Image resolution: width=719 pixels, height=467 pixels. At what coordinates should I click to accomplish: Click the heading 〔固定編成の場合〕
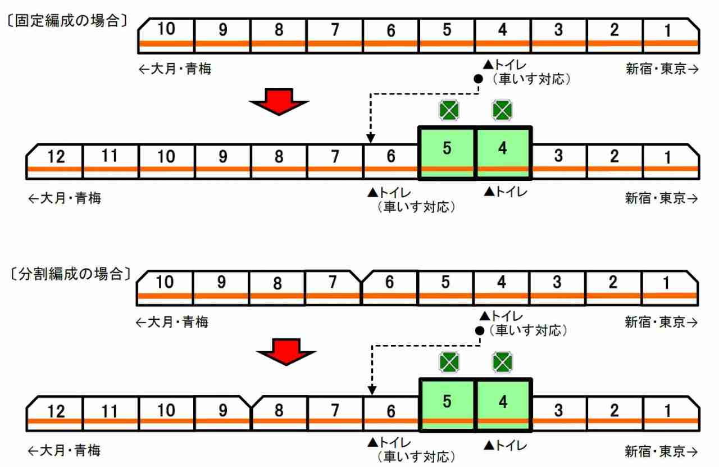[67, 21]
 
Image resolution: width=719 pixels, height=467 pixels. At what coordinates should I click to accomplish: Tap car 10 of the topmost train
[166, 35]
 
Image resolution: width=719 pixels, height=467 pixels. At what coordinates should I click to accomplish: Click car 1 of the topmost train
[671, 35]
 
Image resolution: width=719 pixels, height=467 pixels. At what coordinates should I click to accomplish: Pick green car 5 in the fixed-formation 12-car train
[447, 153]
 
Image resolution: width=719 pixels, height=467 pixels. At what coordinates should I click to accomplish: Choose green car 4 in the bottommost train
[503, 405]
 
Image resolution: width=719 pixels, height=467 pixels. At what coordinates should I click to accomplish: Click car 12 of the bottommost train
[54, 414]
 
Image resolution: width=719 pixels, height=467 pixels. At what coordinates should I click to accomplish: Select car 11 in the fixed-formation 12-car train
[111, 161]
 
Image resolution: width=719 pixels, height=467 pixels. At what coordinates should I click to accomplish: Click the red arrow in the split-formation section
[286, 352]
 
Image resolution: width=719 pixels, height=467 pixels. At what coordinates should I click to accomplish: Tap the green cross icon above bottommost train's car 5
[449, 362]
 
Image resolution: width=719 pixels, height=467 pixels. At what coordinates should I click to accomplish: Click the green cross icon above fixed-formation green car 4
[502, 110]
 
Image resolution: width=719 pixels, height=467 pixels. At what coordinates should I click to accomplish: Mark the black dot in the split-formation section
[480, 330]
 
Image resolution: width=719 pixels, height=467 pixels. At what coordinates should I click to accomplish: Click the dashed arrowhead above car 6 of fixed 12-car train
[370, 138]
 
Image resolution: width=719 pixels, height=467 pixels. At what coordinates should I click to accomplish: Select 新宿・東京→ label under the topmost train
[662, 69]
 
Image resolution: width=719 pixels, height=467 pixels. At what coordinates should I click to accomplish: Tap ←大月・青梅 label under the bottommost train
[64, 450]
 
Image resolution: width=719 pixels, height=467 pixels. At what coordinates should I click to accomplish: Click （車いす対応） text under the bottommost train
[416, 456]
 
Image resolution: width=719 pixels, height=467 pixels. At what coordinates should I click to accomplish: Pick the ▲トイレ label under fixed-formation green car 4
[506, 192]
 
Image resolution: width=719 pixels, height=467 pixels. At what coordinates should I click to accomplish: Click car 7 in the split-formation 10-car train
[333, 288]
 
